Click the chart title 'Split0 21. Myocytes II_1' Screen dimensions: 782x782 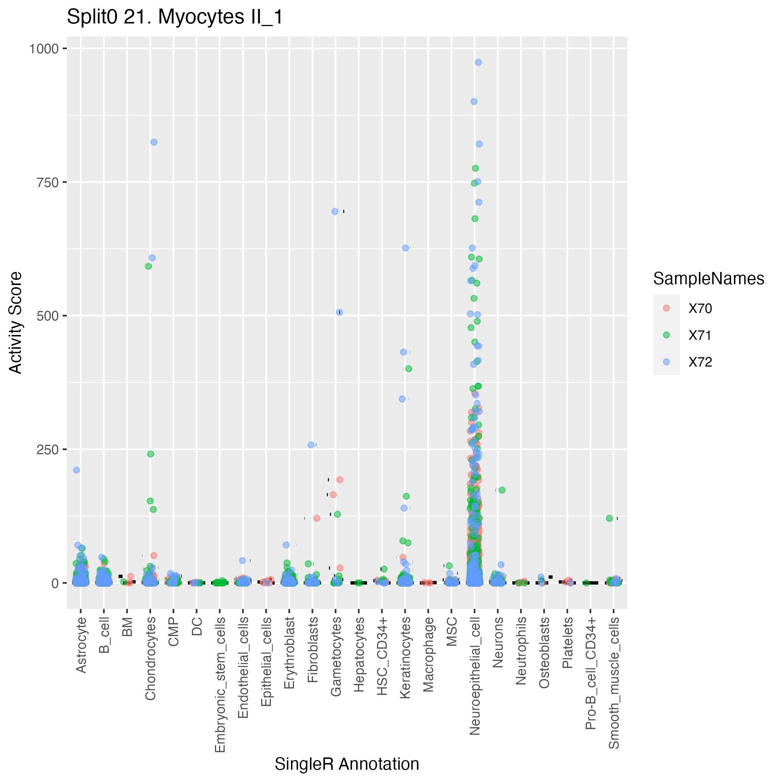point(175,18)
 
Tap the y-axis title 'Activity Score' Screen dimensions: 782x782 point(16,323)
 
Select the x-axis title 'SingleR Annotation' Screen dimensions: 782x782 point(347,764)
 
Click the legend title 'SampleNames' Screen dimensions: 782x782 point(708,279)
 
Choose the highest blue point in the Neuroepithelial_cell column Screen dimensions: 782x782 point(478,62)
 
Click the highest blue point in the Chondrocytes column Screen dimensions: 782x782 point(154,142)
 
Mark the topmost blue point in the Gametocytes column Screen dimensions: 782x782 point(335,211)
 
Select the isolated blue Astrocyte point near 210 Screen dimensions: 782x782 point(76,470)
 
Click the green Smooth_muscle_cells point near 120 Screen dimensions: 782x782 point(609,519)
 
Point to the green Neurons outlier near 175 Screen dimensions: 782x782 point(502,490)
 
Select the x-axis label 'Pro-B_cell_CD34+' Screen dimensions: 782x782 point(591,674)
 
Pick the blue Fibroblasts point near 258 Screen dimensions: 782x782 point(311,445)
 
